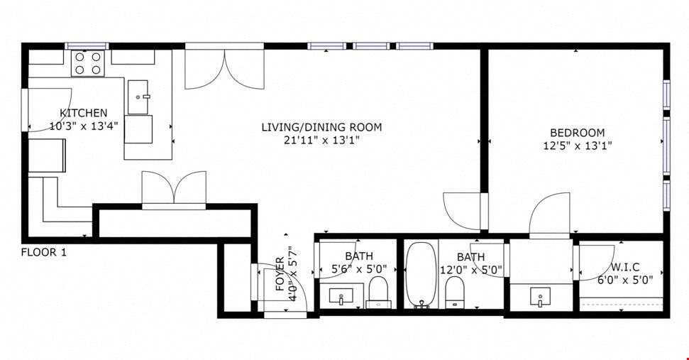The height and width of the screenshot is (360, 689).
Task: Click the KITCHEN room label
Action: (x=84, y=113)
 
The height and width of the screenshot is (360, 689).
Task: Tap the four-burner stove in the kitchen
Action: (x=88, y=63)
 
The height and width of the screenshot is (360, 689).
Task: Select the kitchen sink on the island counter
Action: (x=138, y=97)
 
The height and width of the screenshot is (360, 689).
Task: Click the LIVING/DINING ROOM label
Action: (x=321, y=128)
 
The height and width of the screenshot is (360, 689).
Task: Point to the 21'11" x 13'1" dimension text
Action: (x=321, y=141)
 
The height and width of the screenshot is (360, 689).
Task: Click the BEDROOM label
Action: (x=578, y=133)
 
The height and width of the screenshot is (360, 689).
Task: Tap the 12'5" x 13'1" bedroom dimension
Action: (x=578, y=146)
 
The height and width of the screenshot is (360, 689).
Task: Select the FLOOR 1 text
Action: (x=44, y=253)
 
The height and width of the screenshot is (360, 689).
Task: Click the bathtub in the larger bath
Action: (x=421, y=275)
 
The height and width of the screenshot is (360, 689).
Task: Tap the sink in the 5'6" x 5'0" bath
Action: (x=341, y=295)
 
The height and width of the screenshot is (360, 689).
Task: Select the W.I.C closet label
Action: (x=625, y=267)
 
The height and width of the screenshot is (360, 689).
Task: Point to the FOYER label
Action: (x=280, y=274)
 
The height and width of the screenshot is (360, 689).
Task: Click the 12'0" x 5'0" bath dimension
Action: (x=471, y=270)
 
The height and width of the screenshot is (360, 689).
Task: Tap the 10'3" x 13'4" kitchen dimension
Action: (x=84, y=126)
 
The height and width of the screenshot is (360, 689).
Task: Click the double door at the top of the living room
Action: (x=224, y=66)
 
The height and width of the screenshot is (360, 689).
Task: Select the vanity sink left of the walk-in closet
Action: (x=540, y=297)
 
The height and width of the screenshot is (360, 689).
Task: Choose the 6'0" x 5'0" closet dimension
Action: (x=625, y=280)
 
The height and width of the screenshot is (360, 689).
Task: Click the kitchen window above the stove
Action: (x=87, y=45)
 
